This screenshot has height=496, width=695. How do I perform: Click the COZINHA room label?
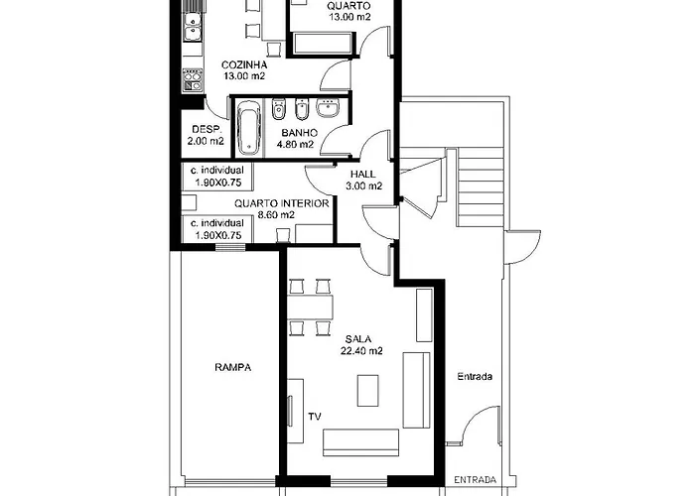[244, 65]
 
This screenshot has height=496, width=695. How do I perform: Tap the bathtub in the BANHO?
[248, 128]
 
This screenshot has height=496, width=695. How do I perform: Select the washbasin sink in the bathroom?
[328, 107]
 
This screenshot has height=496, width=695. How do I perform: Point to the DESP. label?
[206, 129]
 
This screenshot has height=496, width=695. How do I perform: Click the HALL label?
[362, 174]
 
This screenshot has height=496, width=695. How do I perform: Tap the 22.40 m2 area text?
[361, 351]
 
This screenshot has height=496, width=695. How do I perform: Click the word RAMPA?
[232, 367]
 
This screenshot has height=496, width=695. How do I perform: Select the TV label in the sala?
[315, 417]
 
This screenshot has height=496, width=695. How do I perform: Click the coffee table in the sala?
[368, 390]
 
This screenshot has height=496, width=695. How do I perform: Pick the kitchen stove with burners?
[193, 80]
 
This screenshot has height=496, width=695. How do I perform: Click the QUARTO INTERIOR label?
[281, 203]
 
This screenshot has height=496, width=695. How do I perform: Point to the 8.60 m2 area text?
[276, 215]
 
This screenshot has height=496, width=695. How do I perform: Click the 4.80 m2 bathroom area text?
[295, 145]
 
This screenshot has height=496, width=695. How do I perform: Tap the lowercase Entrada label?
[475, 376]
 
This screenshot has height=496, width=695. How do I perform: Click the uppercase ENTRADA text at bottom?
[476, 480]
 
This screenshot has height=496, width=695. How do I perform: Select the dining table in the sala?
[310, 307]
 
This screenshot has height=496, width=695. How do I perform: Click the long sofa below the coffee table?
[360, 442]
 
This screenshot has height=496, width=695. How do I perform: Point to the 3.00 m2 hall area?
[364, 186]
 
